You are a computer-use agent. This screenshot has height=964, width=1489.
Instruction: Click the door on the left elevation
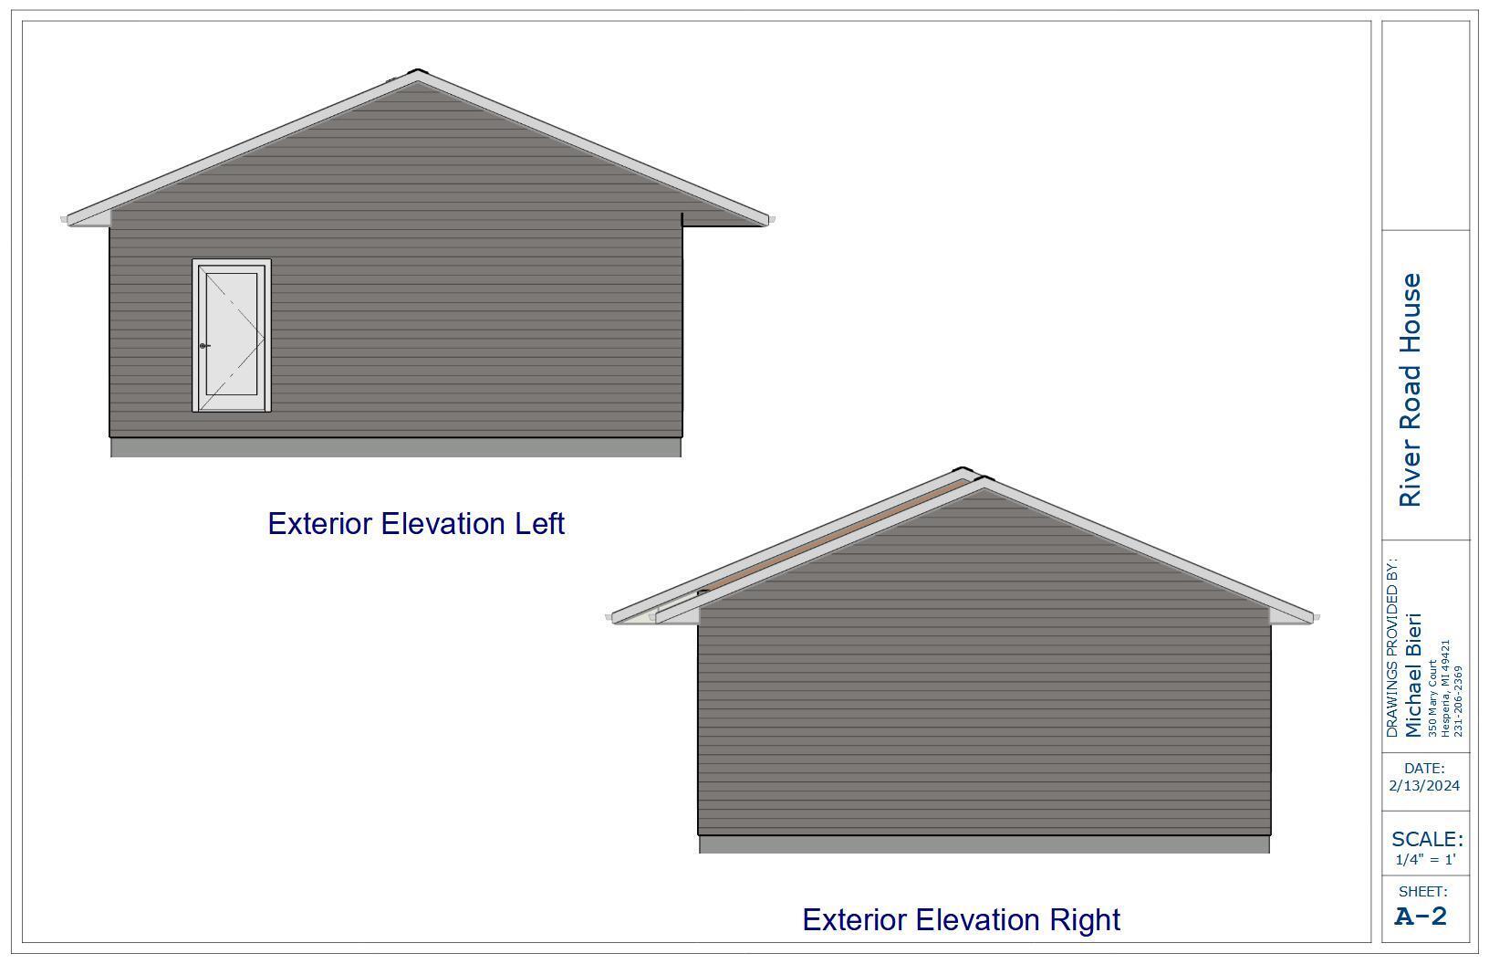click(232, 335)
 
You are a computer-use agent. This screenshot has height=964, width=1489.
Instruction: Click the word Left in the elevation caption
click(539, 524)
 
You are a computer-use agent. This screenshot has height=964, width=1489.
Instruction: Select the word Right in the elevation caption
click(1085, 920)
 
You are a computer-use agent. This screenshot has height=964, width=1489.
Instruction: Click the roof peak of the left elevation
click(417, 70)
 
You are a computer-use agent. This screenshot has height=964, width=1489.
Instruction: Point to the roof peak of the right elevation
click(963, 469)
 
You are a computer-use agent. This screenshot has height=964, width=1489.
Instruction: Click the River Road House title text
click(1411, 390)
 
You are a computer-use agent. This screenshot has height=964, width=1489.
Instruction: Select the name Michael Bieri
click(1412, 675)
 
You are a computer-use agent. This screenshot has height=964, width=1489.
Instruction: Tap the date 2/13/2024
click(1424, 786)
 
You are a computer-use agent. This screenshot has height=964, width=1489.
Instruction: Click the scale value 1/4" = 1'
click(1425, 860)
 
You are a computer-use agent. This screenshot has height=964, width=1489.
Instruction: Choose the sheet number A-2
click(1421, 917)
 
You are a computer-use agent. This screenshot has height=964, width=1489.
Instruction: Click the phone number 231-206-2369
click(1458, 701)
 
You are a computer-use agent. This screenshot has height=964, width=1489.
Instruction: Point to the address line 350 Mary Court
click(1432, 698)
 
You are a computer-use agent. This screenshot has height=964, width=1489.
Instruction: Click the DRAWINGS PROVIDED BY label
click(1392, 647)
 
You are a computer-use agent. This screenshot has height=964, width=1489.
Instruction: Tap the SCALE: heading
click(1427, 839)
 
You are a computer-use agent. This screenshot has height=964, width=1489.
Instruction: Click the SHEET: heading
click(1423, 892)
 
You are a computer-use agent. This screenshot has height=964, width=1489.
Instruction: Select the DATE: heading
click(1424, 769)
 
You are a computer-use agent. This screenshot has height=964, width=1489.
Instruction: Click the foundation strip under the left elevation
click(396, 447)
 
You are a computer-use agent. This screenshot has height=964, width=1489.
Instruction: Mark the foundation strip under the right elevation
click(984, 844)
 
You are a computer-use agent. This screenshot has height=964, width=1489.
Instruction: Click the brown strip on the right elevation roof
click(834, 536)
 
